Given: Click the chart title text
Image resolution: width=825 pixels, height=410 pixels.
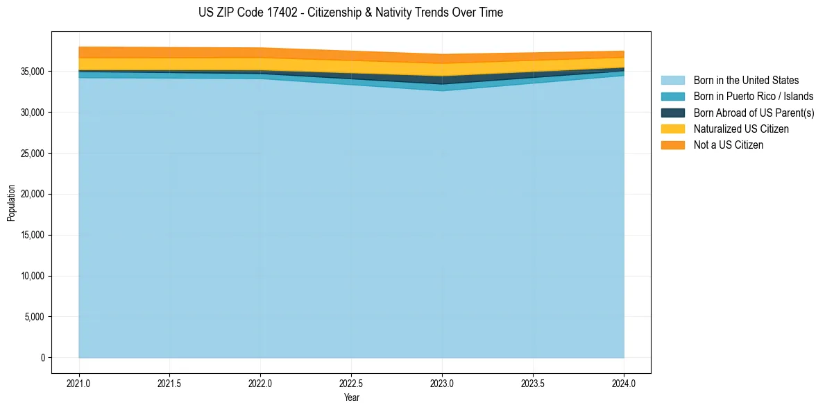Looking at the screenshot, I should pyautogui.click(x=350, y=13).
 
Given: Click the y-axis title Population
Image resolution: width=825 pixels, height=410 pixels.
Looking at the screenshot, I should pyautogui.click(x=11, y=202).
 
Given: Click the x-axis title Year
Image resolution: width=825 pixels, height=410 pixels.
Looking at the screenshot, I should pyautogui.click(x=351, y=398).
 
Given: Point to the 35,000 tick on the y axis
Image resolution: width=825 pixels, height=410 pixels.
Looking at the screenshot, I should pyautogui.click(x=31, y=72).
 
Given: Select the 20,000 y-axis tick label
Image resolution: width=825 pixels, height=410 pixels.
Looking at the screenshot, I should pyautogui.click(x=31, y=194).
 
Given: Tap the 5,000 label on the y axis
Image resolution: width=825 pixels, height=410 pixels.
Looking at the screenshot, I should pyautogui.click(x=33, y=317).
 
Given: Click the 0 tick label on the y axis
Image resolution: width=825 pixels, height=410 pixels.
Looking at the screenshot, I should pyautogui.click(x=42, y=358).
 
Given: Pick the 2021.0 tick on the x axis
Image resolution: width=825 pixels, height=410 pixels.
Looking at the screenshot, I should pyautogui.click(x=78, y=383).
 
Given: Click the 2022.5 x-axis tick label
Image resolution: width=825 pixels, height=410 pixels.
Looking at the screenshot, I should pyautogui.click(x=351, y=383).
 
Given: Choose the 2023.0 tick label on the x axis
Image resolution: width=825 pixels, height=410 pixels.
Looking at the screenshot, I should pyautogui.click(x=442, y=383).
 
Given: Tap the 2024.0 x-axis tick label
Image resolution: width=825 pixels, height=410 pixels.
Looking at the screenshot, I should pyautogui.click(x=624, y=383).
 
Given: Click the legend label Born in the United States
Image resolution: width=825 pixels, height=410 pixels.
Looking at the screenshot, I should pyautogui.click(x=746, y=81).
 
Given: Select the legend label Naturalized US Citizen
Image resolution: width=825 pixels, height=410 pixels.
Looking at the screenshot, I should pyautogui.click(x=741, y=129).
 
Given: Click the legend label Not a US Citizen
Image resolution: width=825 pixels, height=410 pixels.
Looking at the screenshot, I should pyautogui.click(x=729, y=145).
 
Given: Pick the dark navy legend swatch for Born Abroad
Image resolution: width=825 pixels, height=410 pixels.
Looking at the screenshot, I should pyautogui.click(x=672, y=113).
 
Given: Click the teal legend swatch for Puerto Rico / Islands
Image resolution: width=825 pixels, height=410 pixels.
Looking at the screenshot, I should pyautogui.click(x=672, y=97).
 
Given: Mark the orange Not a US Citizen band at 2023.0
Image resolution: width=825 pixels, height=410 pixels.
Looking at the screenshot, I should pyautogui.click(x=442, y=59).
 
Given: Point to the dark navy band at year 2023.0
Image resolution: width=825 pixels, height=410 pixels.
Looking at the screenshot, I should pyautogui.click(x=442, y=80).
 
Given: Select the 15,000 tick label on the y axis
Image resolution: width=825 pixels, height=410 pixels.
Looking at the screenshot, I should pyautogui.click(x=31, y=235).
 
